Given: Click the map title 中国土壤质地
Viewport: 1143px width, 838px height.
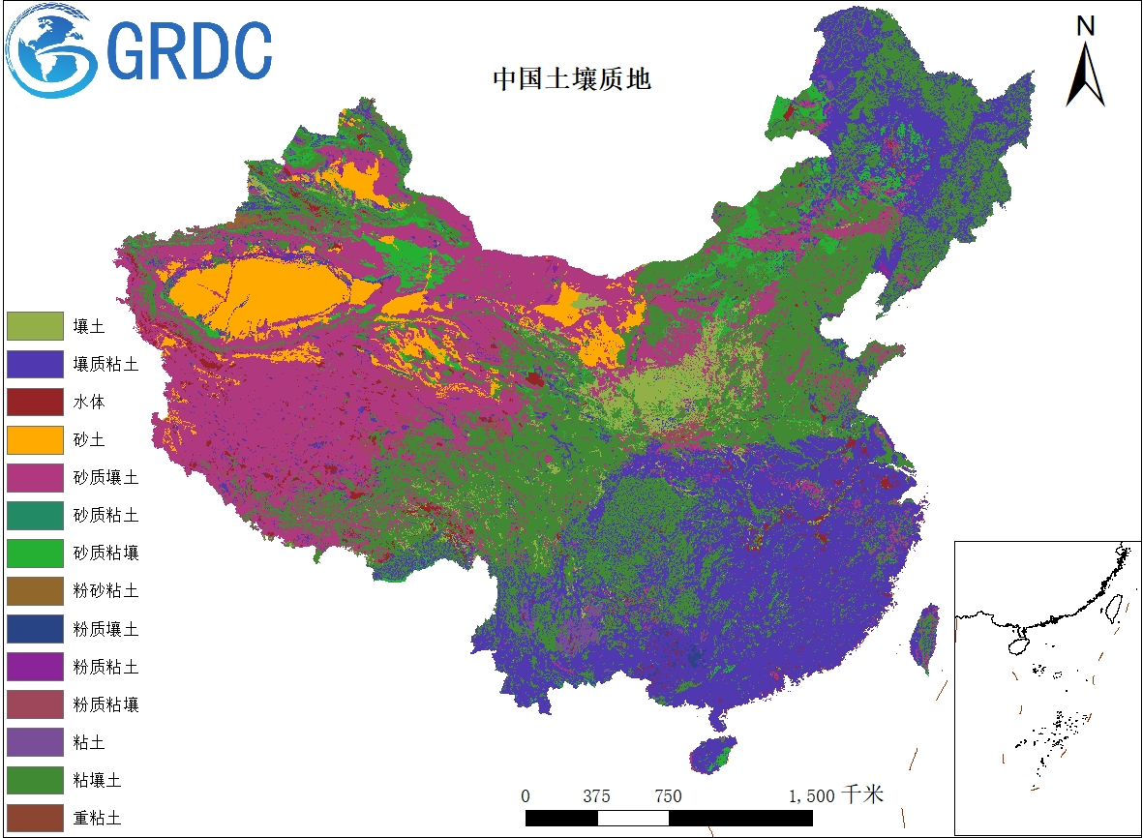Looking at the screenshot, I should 572,78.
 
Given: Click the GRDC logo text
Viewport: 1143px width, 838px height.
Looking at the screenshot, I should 190,50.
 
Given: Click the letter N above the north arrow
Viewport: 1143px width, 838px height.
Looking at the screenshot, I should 1086,26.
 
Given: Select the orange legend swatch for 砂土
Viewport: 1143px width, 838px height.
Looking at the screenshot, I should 35,439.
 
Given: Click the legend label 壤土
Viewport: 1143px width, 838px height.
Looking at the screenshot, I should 89,326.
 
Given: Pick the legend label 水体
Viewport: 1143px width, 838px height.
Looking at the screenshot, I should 89,402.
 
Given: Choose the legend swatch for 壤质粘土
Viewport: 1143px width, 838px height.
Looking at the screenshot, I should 35,364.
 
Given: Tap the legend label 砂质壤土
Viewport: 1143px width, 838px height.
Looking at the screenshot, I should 105,477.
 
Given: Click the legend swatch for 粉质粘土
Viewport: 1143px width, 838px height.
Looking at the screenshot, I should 35,666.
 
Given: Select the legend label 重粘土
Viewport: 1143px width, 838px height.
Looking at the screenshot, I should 97,817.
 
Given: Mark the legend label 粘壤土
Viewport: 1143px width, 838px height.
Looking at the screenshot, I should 97,779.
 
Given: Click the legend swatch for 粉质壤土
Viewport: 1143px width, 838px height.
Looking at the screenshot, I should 35,628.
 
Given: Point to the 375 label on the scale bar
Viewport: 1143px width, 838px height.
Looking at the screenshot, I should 597,796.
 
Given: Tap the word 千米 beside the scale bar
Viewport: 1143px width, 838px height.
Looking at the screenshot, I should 862,795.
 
